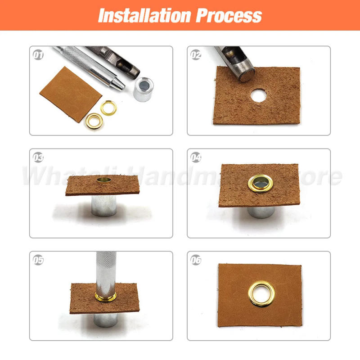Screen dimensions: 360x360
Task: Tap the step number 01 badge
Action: [x=39, y=55]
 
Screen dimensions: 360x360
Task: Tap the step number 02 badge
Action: [x=196, y=55]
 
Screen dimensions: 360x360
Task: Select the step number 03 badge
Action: [x=39, y=158]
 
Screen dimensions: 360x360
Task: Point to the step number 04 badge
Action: [x=196, y=158]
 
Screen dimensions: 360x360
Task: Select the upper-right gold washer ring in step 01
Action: [x=108, y=107]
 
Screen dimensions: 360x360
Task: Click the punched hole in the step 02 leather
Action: [x=258, y=95]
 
